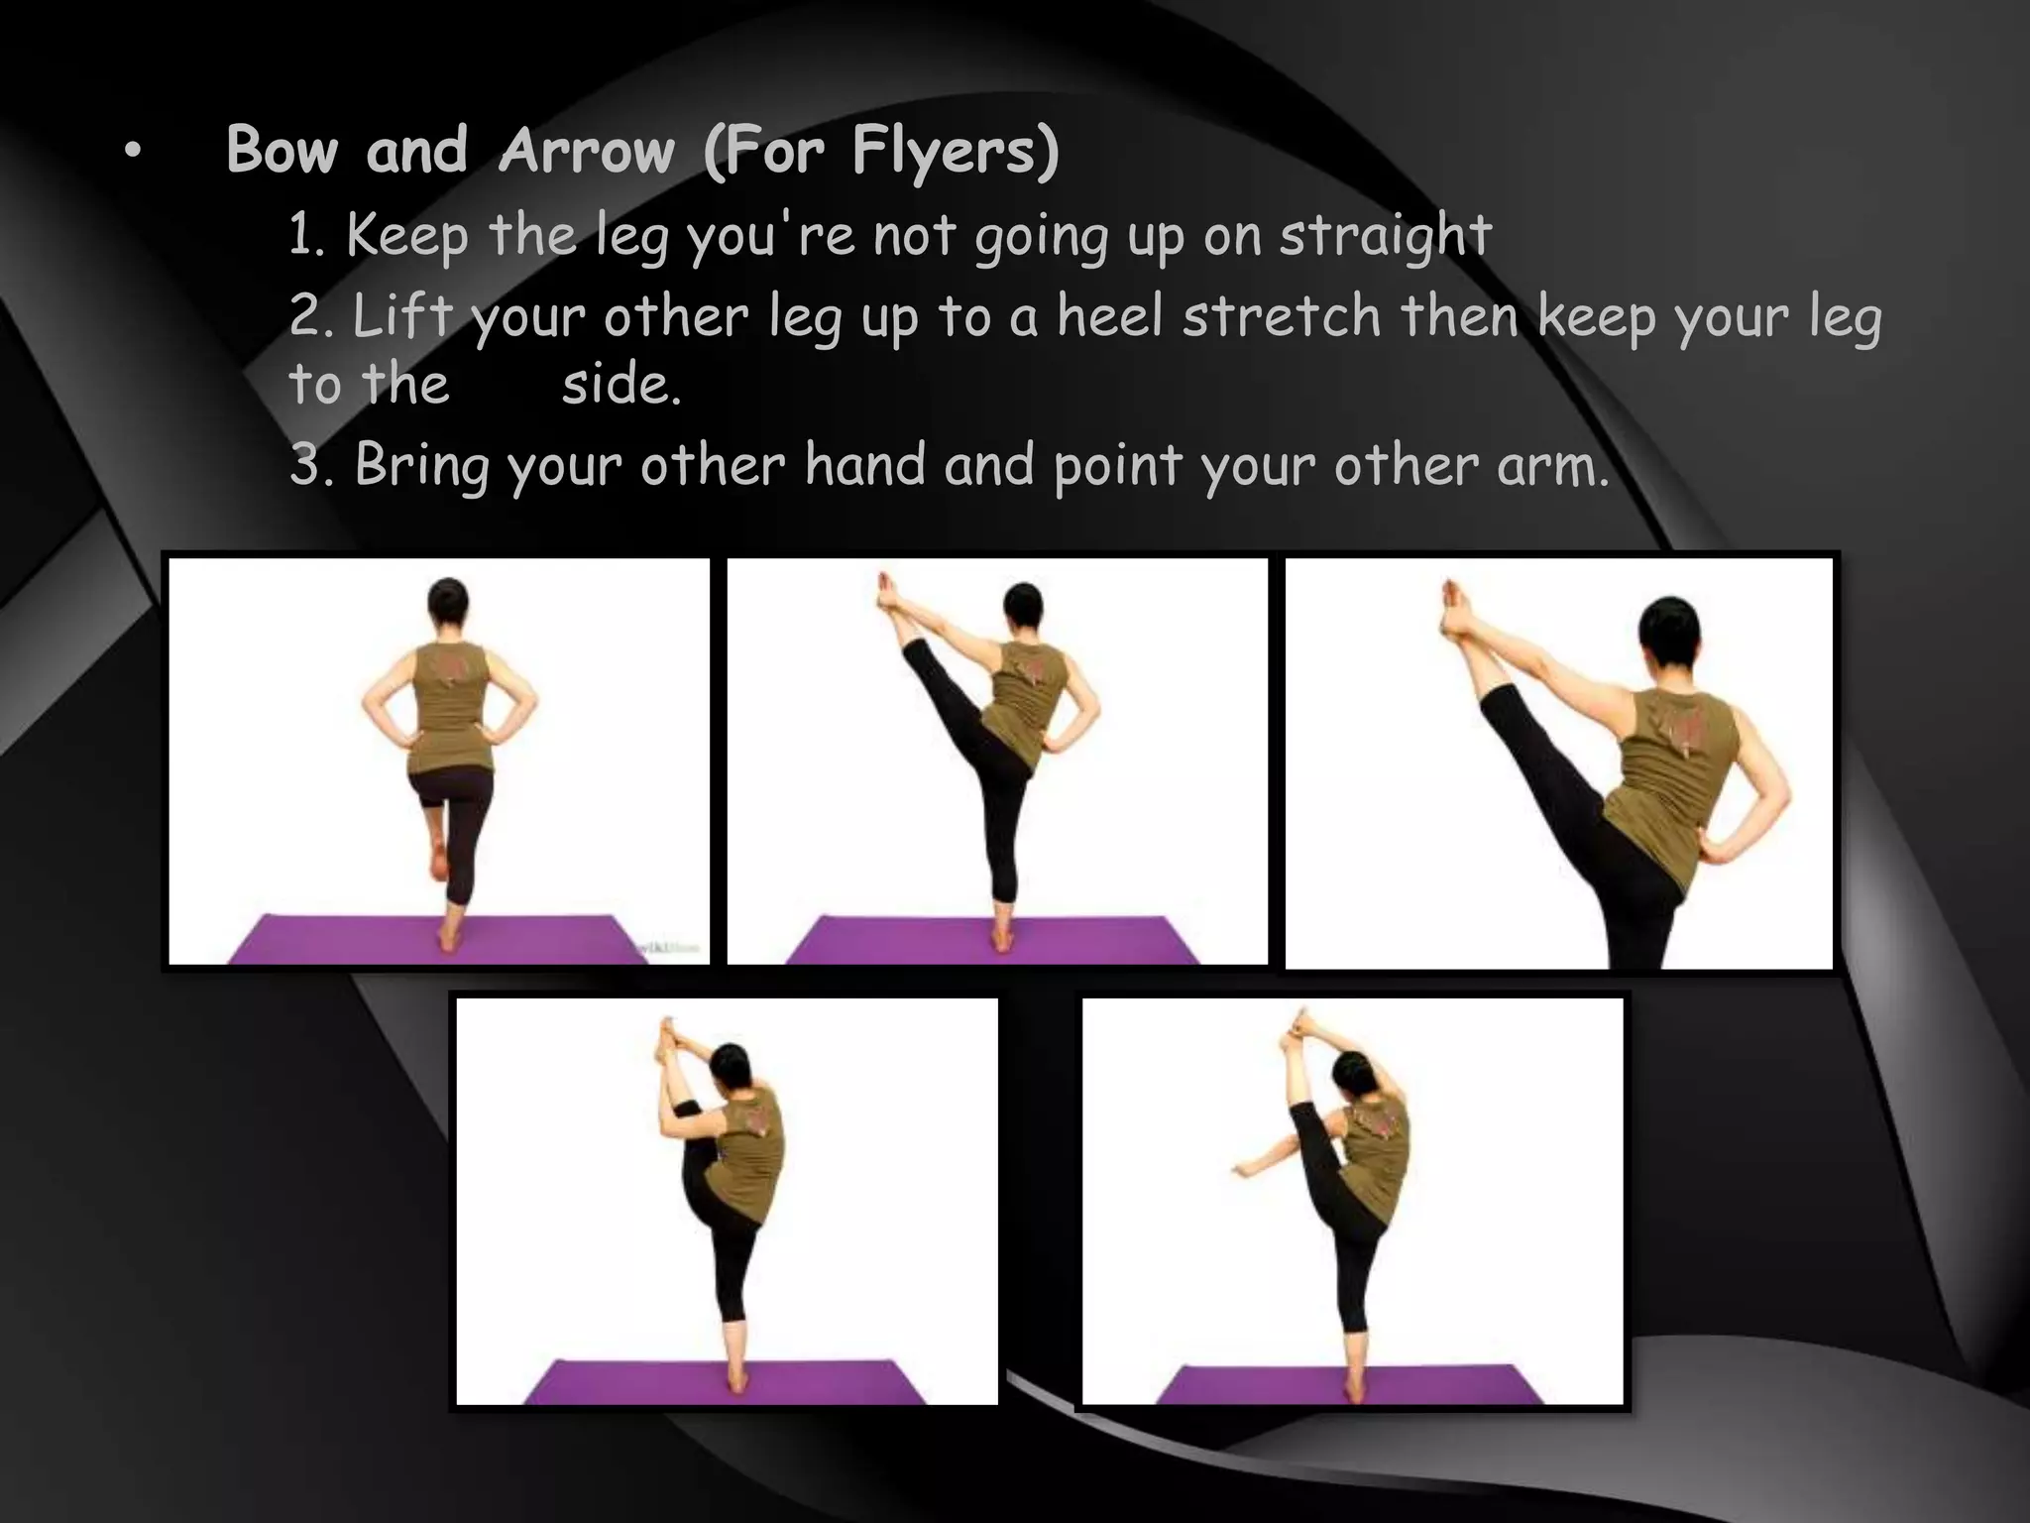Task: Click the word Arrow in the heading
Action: click(587, 151)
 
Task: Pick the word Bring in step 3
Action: click(421, 464)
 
